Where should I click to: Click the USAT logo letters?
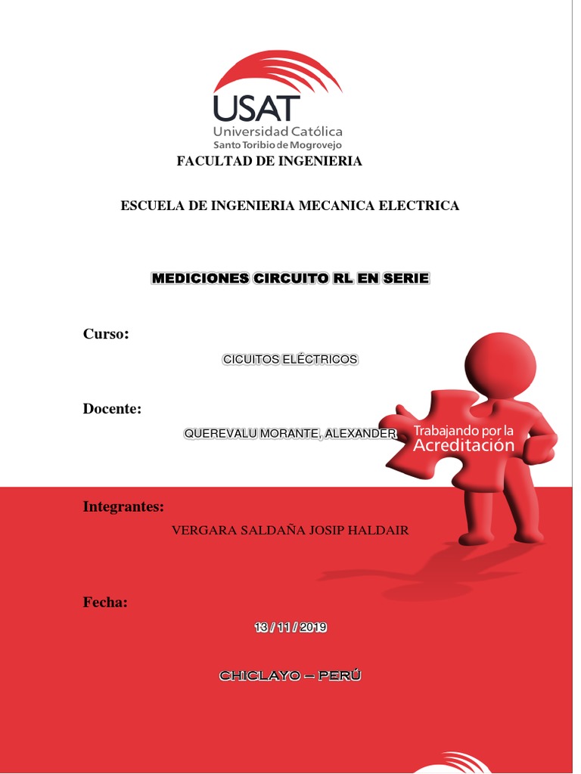tap(257, 108)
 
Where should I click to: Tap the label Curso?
tap(106, 334)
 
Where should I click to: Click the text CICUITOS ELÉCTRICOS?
tap(290, 360)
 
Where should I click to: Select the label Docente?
tap(112, 409)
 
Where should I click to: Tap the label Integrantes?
tap(123, 506)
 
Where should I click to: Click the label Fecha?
tap(105, 602)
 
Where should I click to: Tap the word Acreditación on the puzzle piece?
tap(464, 446)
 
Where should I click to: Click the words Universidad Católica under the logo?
tap(278, 132)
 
